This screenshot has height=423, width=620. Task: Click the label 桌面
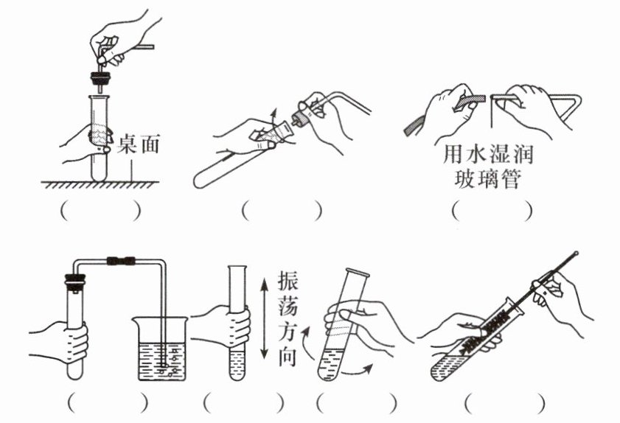coord(139,144)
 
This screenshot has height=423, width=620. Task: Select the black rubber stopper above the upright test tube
coord(100,78)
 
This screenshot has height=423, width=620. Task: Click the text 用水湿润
coord(488,154)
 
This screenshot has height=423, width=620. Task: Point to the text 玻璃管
coord(487,178)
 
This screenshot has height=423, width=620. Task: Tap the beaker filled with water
coord(162,349)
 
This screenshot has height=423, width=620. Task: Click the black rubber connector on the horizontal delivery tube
coord(122,261)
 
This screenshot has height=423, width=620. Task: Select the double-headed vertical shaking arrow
coord(264,318)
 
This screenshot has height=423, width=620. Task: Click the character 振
coord(288,280)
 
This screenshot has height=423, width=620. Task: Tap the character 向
coord(288,357)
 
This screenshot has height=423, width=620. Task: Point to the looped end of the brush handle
coord(576,253)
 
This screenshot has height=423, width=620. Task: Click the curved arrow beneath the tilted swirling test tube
coord(357,371)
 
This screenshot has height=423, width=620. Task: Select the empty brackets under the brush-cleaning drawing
coord(505,404)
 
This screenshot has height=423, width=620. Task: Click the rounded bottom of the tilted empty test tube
coord(200,181)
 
